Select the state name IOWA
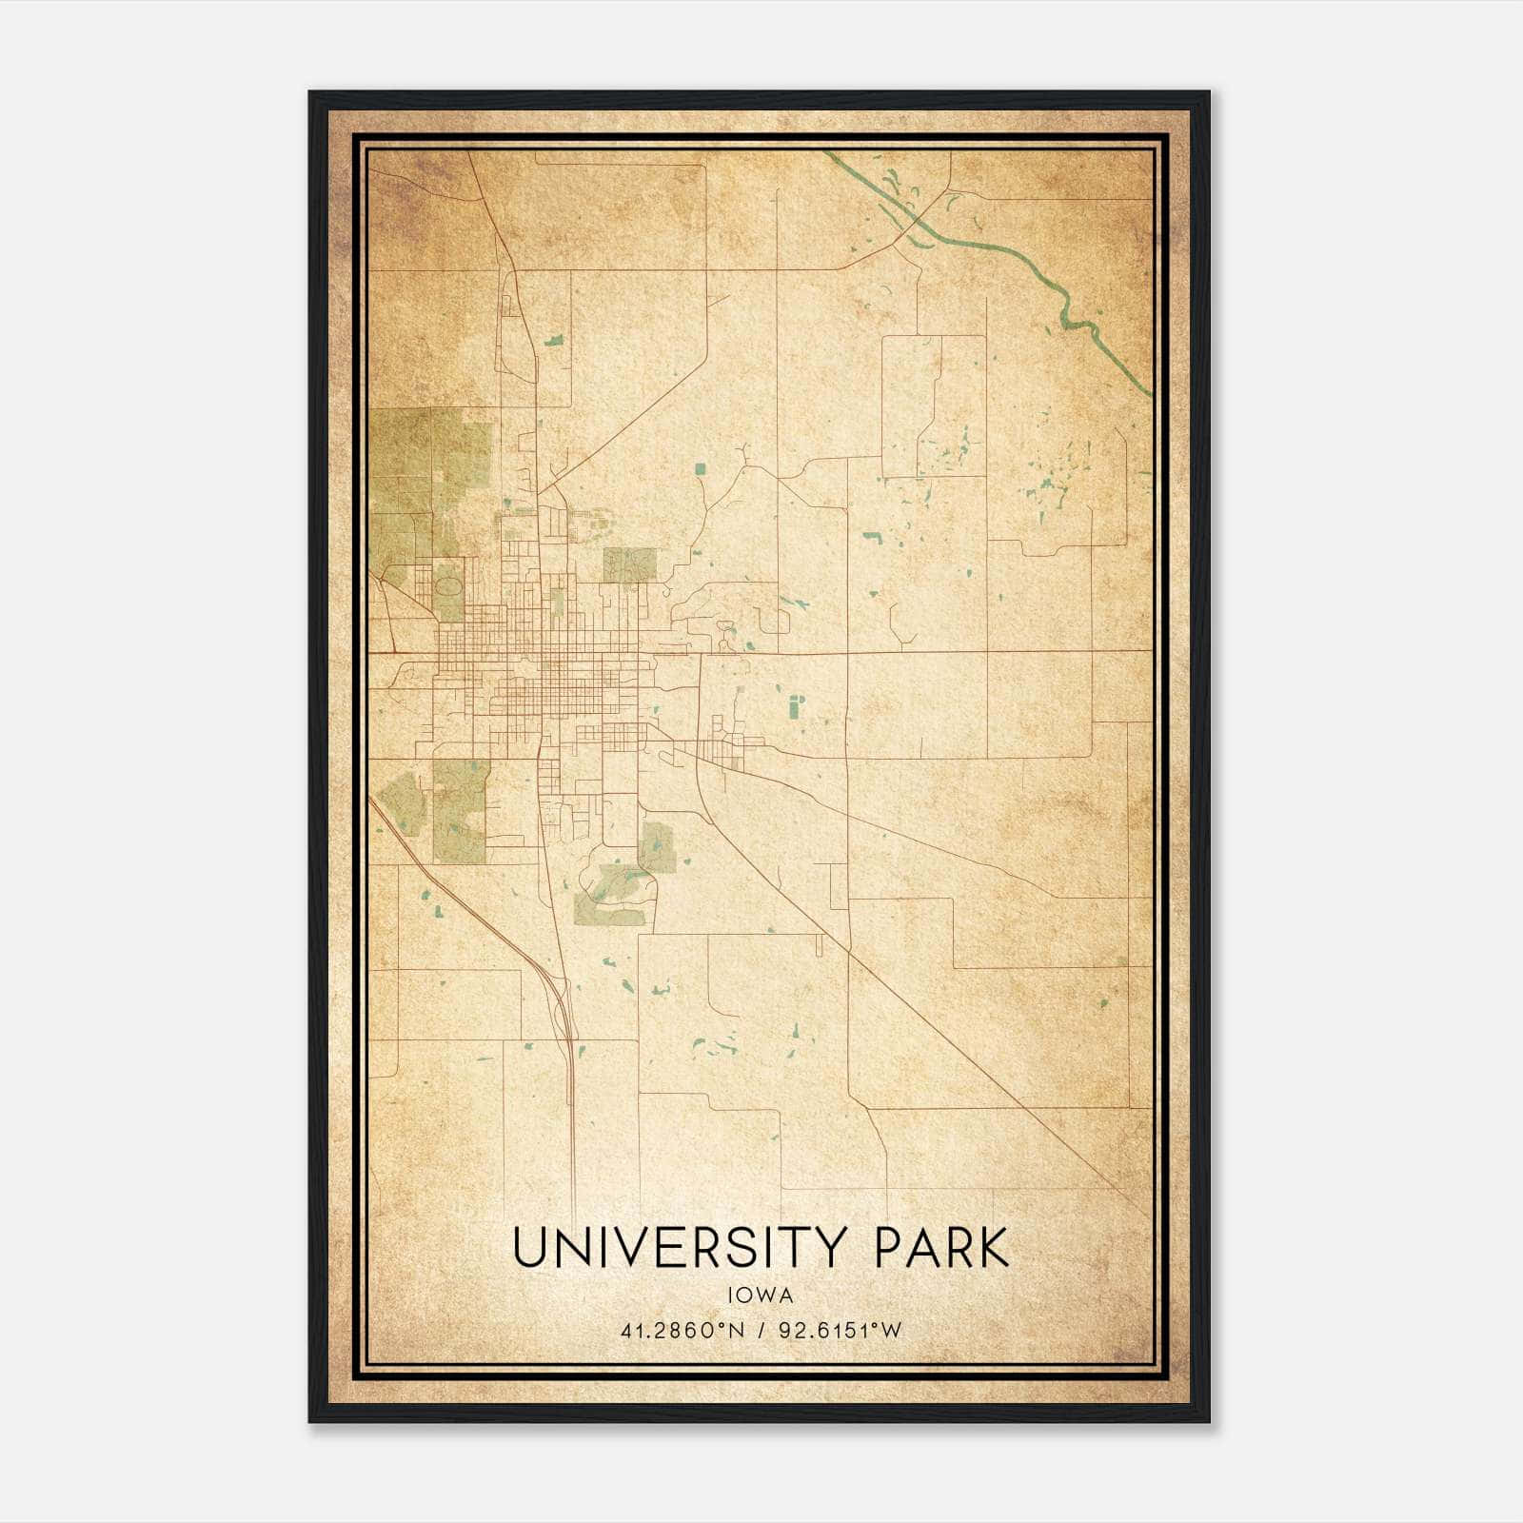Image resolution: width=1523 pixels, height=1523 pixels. coord(761,1296)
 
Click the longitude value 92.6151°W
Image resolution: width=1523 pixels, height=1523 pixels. coord(840,1331)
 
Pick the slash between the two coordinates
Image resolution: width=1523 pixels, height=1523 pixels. coord(760,1331)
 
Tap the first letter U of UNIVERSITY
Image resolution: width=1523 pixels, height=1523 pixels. coord(531,1248)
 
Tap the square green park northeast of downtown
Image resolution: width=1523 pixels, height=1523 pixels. coord(629,564)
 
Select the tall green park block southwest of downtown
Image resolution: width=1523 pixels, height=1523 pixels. coord(460,811)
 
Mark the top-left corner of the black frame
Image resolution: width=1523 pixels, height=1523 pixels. coord(310,93)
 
